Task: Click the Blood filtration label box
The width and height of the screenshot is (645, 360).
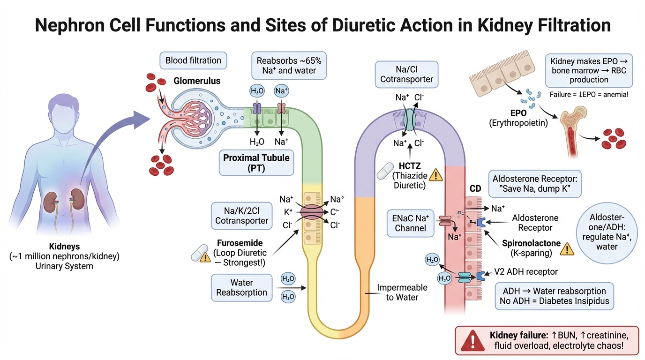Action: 193,60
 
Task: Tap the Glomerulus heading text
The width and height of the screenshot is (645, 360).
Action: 197,81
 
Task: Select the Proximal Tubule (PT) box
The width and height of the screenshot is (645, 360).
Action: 256,163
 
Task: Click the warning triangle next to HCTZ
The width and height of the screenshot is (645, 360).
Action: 436,175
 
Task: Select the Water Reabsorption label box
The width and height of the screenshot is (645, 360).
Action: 242,288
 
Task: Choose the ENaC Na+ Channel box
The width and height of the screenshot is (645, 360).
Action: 411,222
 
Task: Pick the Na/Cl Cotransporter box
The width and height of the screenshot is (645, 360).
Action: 406,74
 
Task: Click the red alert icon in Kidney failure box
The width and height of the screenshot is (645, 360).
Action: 470,341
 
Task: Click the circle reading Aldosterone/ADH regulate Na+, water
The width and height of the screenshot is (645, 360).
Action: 610,232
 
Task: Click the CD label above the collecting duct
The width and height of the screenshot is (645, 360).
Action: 475,188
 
